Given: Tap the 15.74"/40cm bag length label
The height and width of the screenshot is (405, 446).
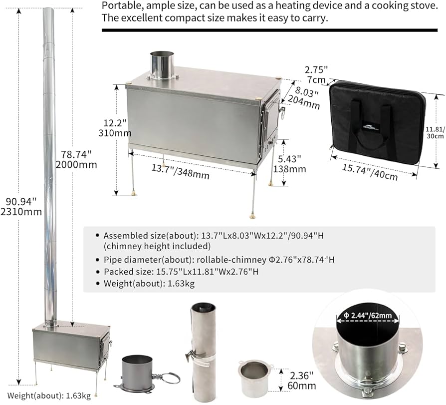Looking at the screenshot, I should click(370, 171).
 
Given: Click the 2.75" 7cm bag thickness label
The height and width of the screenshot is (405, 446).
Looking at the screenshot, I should click(316, 75).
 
